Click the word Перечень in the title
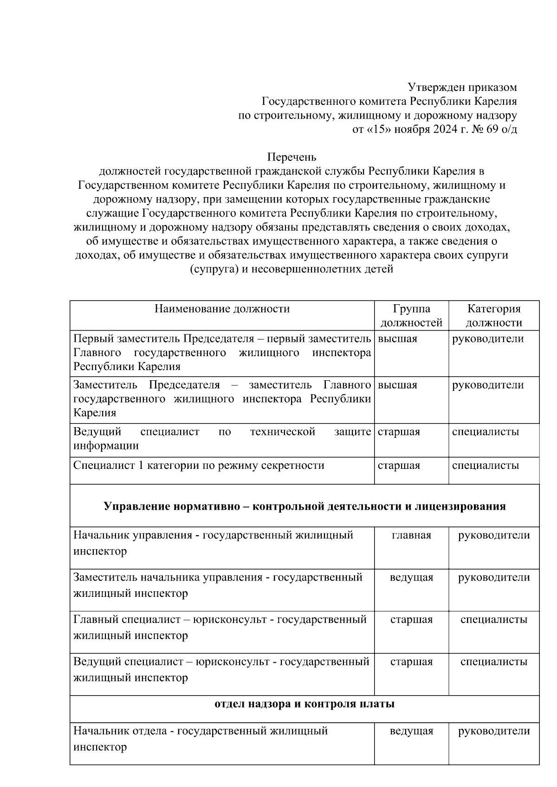coord(291,157)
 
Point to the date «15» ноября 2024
coord(417,129)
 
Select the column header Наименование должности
coord(222,309)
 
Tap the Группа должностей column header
coord(411,316)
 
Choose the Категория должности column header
coord(494,316)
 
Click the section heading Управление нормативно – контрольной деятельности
coord(304,506)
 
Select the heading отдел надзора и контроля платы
coord(304,704)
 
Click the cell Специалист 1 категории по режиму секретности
coord(199,466)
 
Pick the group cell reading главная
coord(411,535)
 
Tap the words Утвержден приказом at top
coord(462,87)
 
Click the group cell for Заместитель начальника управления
coord(411,577)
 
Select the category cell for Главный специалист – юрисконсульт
coord(494,620)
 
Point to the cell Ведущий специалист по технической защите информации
coord(222,439)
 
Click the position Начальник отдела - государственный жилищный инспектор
coord(201,739)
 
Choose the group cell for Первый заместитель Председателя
coord(398,339)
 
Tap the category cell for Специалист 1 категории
coord(486,466)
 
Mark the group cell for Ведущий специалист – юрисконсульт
coord(411,662)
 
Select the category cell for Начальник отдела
coord(494,731)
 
